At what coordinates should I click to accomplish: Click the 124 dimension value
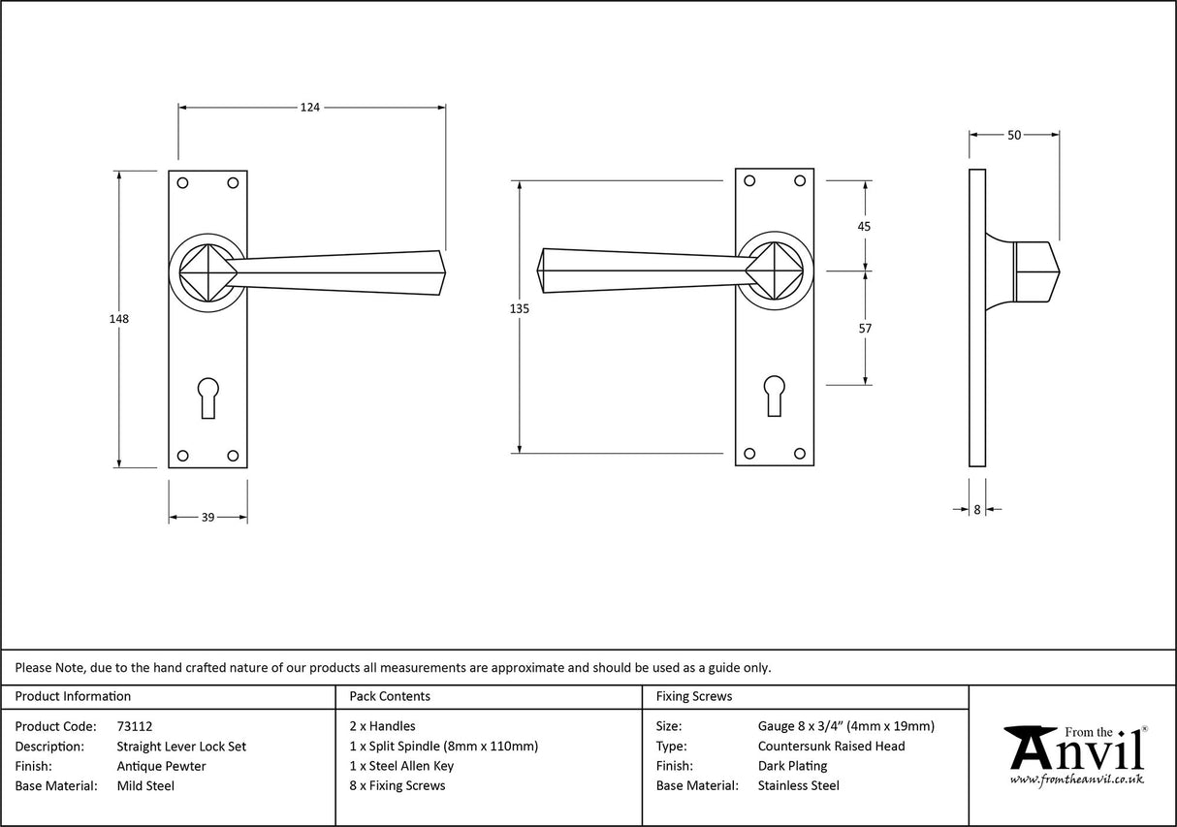(309, 108)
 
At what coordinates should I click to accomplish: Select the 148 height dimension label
(119, 318)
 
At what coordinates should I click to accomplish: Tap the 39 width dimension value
(207, 518)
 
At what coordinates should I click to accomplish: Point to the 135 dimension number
(520, 308)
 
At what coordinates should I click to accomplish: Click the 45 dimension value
(865, 226)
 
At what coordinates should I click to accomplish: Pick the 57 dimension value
(865, 329)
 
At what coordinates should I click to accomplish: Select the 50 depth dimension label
(1014, 136)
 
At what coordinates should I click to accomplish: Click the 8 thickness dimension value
(977, 509)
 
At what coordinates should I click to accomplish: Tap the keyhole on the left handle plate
(207, 397)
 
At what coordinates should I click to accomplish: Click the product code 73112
(134, 726)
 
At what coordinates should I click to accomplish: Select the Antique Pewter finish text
(161, 766)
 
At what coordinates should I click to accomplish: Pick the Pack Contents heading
(390, 696)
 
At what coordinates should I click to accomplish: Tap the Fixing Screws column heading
(694, 696)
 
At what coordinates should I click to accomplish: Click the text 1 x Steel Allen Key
(401, 766)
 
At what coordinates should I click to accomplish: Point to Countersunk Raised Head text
(831, 747)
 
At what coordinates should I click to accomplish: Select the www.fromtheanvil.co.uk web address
(1076, 779)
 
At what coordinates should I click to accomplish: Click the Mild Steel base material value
(145, 786)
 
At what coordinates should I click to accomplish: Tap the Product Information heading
(73, 696)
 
